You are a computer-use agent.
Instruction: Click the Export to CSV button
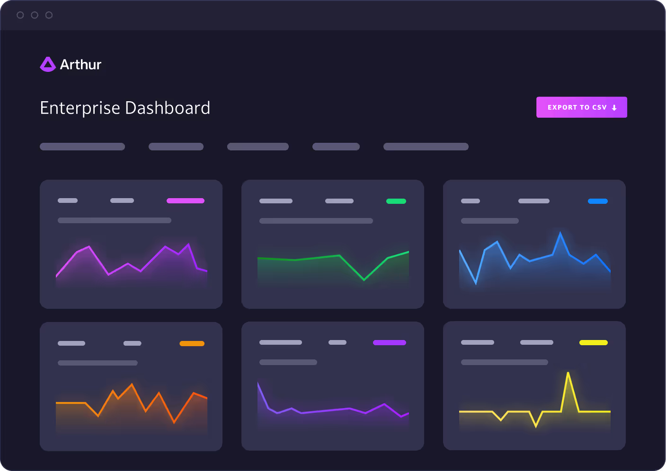[x=581, y=107]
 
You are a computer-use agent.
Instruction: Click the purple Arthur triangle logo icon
[x=47, y=64]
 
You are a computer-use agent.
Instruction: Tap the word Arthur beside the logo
[x=80, y=64]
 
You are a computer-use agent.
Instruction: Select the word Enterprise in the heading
[x=80, y=108]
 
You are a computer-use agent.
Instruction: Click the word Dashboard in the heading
[x=168, y=108]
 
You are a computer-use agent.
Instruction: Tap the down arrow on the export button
[x=614, y=108]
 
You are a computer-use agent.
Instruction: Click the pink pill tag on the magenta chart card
[x=185, y=201]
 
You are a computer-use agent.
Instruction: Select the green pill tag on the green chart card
[x=396, y=201]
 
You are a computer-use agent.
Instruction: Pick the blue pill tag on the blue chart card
[x=597, y=201]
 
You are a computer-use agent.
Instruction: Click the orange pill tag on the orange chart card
[x=192, y=344]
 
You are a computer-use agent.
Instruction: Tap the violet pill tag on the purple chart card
[x=389, y=343]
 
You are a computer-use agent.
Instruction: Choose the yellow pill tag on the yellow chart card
[x=593, y=343]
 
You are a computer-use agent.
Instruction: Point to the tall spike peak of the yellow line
[x=568, y=373]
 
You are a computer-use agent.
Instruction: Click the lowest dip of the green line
[x=364, y=280]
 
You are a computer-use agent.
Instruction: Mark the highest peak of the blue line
[x=560, y=233]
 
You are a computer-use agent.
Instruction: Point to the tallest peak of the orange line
[x=132, y=384]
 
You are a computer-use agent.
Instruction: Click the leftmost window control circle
[x=20, y=15]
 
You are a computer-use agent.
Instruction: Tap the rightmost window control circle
[x=49, y=15]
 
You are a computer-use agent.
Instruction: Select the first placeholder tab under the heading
[x=82, y=147]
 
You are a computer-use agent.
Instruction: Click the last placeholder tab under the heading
[x=426, y=147]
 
